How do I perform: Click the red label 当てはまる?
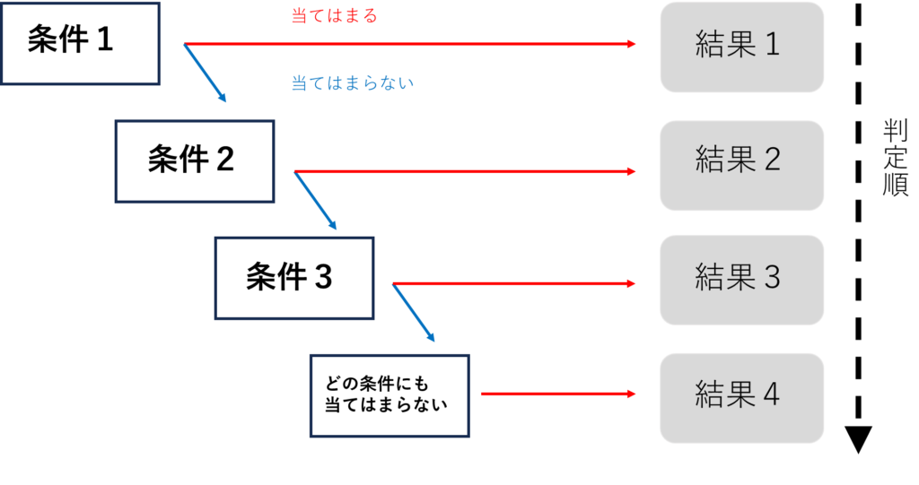pos(334,16)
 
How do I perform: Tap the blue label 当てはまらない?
pos(352,83)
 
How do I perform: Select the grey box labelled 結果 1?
pos(741,47)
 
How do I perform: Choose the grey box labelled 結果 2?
pos(741,165)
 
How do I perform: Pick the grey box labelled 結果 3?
pos(741,280)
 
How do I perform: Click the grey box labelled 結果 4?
pos(741,397)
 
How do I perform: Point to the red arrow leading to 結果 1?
pos(409,43)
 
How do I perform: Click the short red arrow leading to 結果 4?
pos(557,394)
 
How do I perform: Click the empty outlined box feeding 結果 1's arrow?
pos(81,43)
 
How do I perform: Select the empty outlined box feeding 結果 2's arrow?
pos(194,161)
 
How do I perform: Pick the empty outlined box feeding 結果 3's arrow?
pos(293,278)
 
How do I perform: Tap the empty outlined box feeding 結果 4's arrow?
pos(389,395)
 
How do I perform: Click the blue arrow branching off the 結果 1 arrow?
pos(205,73)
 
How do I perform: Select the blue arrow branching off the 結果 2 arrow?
pos(315,201)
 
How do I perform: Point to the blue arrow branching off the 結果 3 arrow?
pos(413,313)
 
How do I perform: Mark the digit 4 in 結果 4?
pos(771,394)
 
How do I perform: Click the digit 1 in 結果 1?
pos(772,45)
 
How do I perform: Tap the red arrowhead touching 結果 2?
pos(631,171)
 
